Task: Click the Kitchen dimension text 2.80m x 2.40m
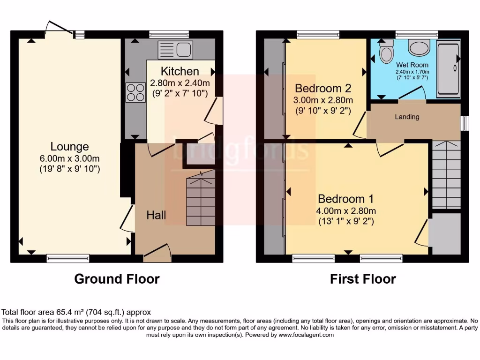click(180, 83)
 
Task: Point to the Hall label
click(156, 215)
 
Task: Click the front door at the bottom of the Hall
click(157, 253)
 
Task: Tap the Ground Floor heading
click(117, 279)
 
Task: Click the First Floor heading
click(363, 279)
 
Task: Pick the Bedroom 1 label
click(346, 199)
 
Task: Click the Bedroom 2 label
click(322, 88)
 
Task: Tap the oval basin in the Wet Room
click(418, 46)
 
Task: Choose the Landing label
click(406, 117)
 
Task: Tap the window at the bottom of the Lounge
click(68, 257)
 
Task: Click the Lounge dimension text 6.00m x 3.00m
click(69, 158)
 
